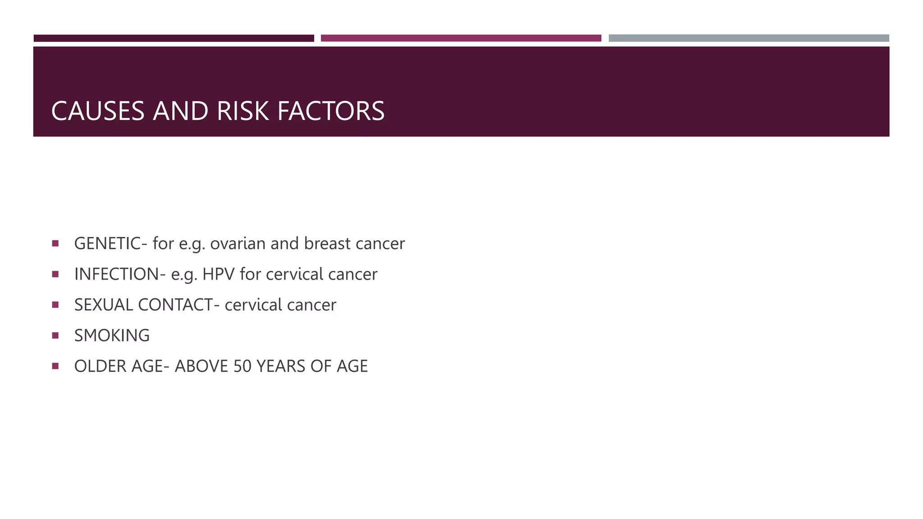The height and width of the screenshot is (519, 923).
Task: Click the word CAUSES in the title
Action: pyautogui.click(x=98, y=111)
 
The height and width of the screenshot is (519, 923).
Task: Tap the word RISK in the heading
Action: pyautogui.click(x=242, y=111)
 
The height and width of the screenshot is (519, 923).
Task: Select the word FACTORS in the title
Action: pyautogui.click(x=331, y=111)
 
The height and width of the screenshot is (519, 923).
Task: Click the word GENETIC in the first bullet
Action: pyautogui.click(x=108, y=244)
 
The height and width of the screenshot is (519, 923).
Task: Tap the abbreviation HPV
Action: pyautogui.click(x=219, y=274)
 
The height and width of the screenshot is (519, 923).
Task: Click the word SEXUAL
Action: pyautogui.click(x=104, y=305)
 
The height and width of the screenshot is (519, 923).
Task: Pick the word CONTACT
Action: pyautogui.click(x=175, y=305)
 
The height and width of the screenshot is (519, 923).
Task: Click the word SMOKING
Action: pyautogui.click(x=112, y=336)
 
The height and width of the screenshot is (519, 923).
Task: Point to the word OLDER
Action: pyautogui.click(x=101, y=366)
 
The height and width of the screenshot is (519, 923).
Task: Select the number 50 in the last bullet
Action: pyautogui.click(x=242, y=366)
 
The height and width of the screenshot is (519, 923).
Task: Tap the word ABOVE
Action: pyautogui.click(x=201, y=366)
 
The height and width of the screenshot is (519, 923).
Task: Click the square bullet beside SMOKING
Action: pyautogui.click(x=55, y=335)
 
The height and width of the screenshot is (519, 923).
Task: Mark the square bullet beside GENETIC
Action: pyautogui.click(x=55, y=243)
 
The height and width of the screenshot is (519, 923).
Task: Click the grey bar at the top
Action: pyautogui.click(x=749, y=38)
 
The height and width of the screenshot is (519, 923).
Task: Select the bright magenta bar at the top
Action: pyautogui.click(x=461, y=38)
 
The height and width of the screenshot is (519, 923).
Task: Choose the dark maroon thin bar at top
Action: pyautogui.click(x=174, y=38)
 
